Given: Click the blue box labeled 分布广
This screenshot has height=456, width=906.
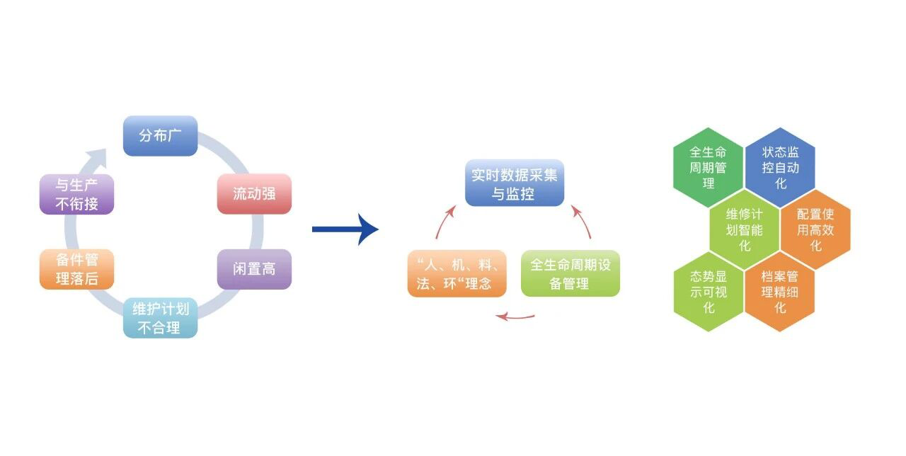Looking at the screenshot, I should click(x=160, y=136).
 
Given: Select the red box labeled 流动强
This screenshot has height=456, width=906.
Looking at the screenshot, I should click(x=254, y=193).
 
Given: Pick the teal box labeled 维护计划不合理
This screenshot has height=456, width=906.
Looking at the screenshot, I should click(x=160, y=319).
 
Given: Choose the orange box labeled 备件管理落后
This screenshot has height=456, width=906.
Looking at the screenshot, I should click(x=76, y=269).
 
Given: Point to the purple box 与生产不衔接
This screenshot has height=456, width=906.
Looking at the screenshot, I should click(x=76, y=194).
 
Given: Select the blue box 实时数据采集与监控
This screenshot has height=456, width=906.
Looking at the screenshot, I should click(x=514, y=183).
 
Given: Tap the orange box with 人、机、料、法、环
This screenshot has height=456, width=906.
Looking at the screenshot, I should click(x=457, y=273).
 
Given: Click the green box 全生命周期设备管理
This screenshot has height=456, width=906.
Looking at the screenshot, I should click(x=570, y=273).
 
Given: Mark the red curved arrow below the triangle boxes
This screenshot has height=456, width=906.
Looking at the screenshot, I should click(x=515, y=316).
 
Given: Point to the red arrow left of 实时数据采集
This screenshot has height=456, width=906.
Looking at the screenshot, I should click(x=444, y=221).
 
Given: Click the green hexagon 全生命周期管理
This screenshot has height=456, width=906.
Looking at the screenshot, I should click(x=709, y=168).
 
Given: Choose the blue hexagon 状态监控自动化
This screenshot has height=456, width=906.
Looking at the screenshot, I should click(x=780, y=168).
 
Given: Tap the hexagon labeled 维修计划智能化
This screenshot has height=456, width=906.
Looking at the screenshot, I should click(x=745, y=229).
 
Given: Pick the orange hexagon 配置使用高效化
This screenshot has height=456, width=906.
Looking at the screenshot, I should click(x=815, y=229).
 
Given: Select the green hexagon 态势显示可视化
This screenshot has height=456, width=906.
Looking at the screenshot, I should click(x=709, y=291).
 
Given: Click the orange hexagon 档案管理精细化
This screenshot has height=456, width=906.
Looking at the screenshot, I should click(x=780, y=291).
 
